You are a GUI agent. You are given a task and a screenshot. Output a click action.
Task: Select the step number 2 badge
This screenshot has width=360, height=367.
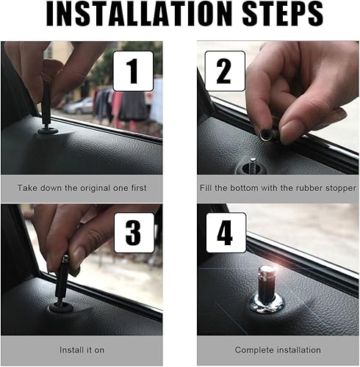(x=223, y=70)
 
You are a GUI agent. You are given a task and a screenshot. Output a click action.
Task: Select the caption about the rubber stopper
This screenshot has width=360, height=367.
(x=277, y=188)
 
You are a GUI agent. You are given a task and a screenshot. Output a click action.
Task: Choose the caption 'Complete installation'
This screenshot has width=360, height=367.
(x=277, y=349)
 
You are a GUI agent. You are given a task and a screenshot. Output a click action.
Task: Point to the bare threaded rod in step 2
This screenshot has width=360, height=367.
(x=253, y=166)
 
